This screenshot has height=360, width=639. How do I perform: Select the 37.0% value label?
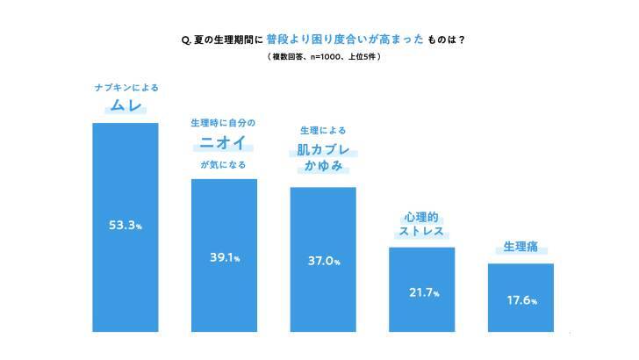(x=323, y=261)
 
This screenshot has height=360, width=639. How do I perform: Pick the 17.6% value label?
(x=521, y=299)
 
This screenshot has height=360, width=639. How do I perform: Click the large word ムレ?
(x=126, y=107)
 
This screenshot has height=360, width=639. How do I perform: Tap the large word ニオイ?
(x=223, y=142)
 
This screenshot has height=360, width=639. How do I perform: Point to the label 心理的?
(x=421, y=216)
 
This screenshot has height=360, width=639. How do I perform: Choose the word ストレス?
(x=422, y=233)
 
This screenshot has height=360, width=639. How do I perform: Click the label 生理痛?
(x=521, y=248)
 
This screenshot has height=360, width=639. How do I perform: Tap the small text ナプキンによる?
(x=126, y=88)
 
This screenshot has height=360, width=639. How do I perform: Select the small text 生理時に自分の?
(x=223, y=122)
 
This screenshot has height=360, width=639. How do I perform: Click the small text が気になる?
(x=223, y=164)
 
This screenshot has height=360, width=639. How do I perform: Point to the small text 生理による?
(x=323, y=130)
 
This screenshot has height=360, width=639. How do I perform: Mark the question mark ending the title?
(x=462, y=40)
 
